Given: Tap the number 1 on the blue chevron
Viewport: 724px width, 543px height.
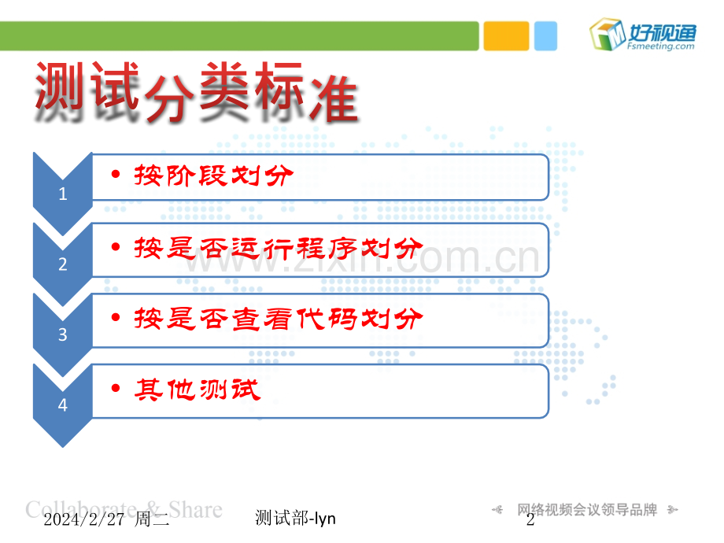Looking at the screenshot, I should [x=63, y=194].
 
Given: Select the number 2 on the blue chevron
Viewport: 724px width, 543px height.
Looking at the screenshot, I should [x=63, y=264].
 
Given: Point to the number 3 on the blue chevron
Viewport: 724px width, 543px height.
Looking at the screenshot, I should [x=63, y=334].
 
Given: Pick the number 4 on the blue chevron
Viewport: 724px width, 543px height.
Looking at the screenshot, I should [x=63, y=405].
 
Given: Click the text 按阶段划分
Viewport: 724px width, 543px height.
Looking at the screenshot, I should [x=212, y=175].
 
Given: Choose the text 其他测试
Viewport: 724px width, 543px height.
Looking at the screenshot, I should [x=197, y=390].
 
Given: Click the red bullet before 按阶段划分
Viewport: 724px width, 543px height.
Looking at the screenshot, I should [x=116, y=175].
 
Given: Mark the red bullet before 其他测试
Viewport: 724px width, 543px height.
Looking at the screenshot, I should [x=116, y=390].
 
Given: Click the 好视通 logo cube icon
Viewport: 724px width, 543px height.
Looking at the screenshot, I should [x=607, y=35].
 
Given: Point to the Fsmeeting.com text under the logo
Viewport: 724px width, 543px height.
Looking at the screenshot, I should [x=662, y=46].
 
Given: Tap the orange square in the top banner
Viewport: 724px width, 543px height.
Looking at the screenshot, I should [x=505, y=36].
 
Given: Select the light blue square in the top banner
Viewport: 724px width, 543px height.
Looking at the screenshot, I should [x=545, y=36].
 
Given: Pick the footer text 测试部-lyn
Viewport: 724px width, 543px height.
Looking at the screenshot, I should [x=296, y=518].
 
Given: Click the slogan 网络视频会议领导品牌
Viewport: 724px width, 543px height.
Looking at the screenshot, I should [x=586, y=510].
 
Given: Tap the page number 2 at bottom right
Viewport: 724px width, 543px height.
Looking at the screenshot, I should [x=530, y=519].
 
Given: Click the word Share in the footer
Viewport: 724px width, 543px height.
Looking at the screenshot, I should [x=196, y=509].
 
